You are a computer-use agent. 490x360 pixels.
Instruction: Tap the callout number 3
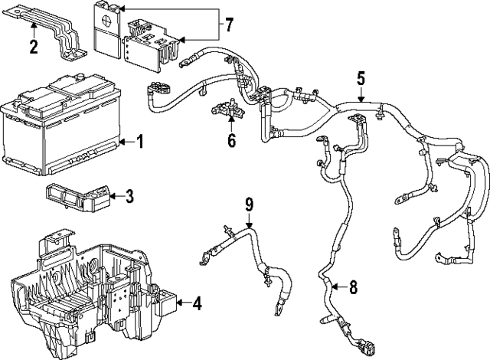click(x=129, y=197)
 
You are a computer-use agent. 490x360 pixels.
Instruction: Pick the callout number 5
click(x=361, y=77)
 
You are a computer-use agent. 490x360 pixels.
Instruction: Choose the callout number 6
click(x=231, y=140)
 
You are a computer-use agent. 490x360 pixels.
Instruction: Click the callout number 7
click(x=228, y=28)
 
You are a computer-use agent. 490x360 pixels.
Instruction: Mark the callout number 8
click(x=352, y=289)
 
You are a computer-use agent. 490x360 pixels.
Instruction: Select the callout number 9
click(x=248, y=204)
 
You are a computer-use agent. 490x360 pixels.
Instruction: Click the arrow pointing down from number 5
click(x=361, y=93)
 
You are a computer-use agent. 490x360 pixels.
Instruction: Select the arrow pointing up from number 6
click(x=231, y=126)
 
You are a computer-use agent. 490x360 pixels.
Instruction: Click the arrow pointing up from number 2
click(x=33, y=31)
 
